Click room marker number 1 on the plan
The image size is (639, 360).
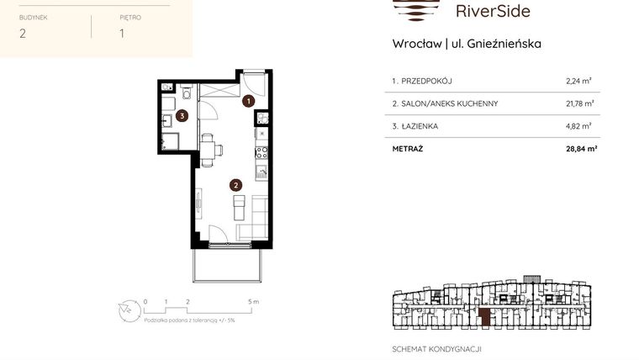[247, 101]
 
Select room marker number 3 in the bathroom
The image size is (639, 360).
[182, 117]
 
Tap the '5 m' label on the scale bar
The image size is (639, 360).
[253, 300]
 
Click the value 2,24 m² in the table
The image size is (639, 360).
[578, 82]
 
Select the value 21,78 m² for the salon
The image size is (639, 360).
[580, 103]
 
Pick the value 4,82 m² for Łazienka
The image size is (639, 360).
[578, 126]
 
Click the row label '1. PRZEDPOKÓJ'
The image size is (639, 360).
[422, 82]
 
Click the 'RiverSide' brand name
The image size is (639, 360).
[492, 11]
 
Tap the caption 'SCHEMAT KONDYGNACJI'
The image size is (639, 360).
[437, 349]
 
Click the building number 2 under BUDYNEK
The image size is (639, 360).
[23, 34]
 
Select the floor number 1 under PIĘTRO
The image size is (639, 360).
[122, 34]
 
